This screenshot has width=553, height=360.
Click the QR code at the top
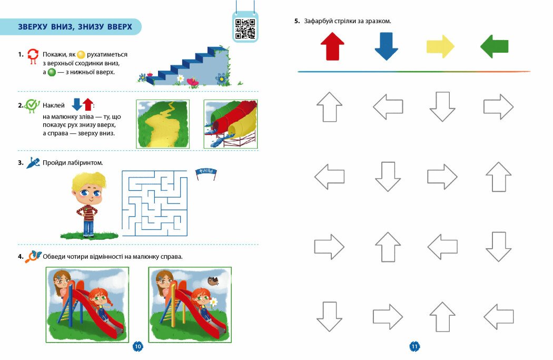point(245,28)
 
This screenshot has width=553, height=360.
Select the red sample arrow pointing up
point(332,46)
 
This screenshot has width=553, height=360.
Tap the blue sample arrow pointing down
point(386,46)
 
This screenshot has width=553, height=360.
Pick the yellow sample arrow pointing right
point(440,46)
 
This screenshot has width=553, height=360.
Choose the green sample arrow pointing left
point(494,46)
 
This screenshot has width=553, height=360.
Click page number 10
point(138,346)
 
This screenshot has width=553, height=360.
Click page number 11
point(414,346)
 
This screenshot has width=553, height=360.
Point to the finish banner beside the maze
point(206,172)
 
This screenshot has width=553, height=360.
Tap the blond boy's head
point(88,189)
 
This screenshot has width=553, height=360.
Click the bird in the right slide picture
point(213,280)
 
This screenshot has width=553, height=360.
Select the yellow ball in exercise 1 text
point(81,55)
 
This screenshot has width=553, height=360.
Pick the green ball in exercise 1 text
point(52,72)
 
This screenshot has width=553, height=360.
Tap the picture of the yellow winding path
point(163,124)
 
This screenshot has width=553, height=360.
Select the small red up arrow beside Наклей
point(88,104)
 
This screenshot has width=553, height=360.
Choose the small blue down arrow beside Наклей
point(77,104)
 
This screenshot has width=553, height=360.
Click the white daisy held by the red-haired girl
point(214,302)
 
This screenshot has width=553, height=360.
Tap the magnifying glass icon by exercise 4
point(33,257)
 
